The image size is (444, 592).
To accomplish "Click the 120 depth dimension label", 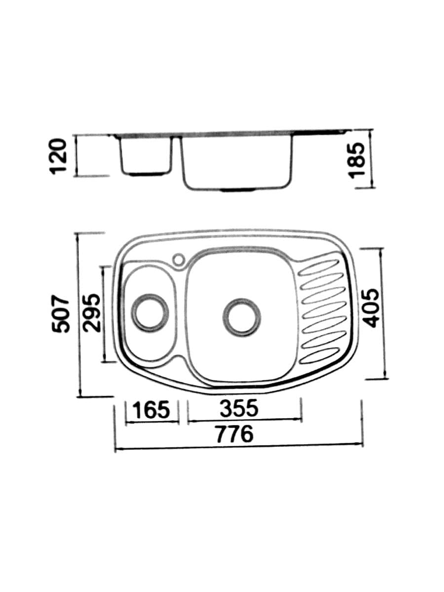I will (x=60, y=155).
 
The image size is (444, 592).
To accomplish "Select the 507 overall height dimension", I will (x=63, y=314).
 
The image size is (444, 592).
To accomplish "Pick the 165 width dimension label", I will (x=152, y=410).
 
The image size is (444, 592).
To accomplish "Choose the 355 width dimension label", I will (x=238, y=408).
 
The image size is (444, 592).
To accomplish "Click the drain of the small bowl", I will (x=149, y=312).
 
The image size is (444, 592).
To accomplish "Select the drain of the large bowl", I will (x=241, y=316).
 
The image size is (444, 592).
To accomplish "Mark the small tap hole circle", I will (x=178, y=259).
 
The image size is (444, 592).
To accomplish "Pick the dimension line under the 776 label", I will (x=239, y=445).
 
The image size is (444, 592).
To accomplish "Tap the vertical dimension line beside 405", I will (x=381, y=313).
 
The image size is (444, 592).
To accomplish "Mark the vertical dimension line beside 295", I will (x=103, y=314).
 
